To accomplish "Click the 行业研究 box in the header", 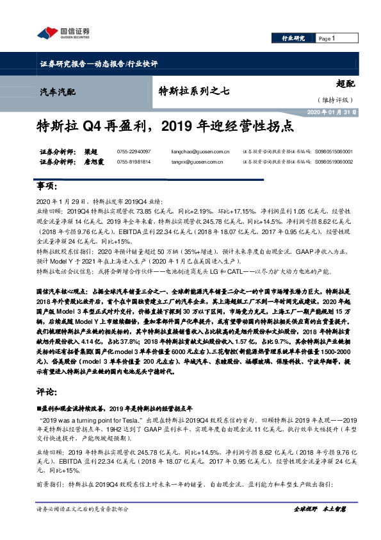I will (293, 38).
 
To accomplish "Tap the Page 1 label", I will (327, 38).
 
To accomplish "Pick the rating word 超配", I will (345, 84).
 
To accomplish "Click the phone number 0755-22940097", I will (133, 153).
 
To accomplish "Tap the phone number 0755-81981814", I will (133, 163).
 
